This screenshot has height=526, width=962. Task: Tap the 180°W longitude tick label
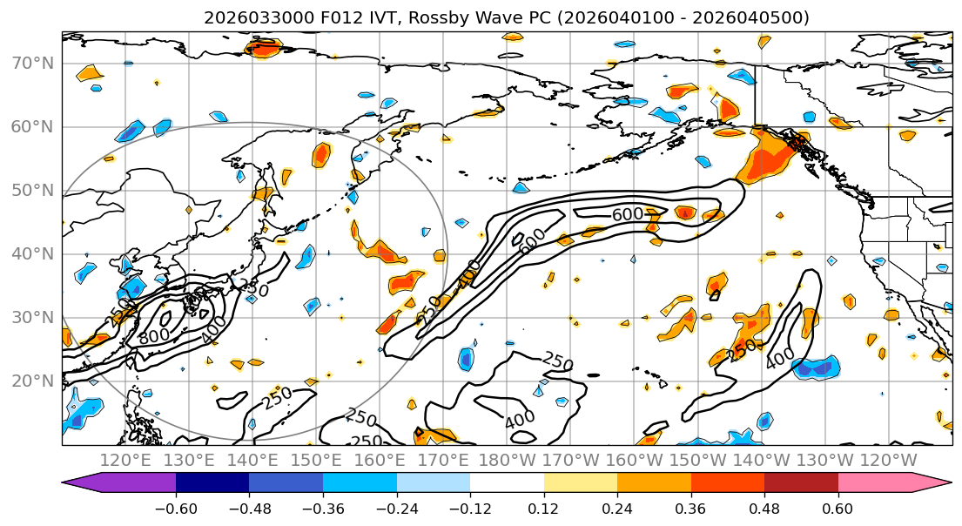(506, 460)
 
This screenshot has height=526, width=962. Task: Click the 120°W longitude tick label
(887, 460)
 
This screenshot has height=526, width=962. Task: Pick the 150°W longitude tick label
(696, 460)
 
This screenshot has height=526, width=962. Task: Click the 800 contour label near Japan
(154, 335)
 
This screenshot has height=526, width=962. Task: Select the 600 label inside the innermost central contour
(628, 214)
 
